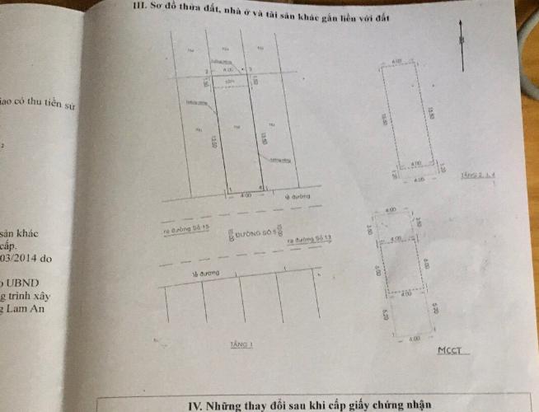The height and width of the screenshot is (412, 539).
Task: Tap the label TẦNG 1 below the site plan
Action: pyautogui.click(x=241, y=345)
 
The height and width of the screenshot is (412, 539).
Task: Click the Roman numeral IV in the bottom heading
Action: pyautogui.click(x=195, y=405)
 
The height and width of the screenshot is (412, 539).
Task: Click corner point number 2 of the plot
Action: pyautogui.click(x=206, y=71)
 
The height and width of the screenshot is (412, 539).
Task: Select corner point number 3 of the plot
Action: pyautogui.click(x=251, y=70)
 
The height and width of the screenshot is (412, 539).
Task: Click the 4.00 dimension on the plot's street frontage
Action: pyautogui.click(x=246, y=196)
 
